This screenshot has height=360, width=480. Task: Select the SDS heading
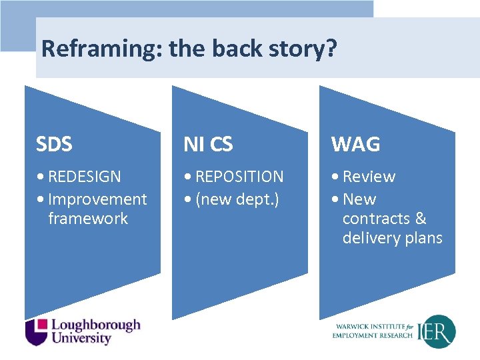pyautogui.click(x=55, y=144)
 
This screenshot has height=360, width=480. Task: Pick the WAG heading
pyautogui.click(x=355, y=144)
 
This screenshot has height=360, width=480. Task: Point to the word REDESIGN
pyautogui.click(x=85, y=177)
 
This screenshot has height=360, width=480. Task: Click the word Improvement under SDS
pyautogui.click(x=97, y=199)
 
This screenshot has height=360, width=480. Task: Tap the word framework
pyautogui.click(x=87, y=219)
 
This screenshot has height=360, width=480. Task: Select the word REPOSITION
pyautogui.click(x=239, y=177)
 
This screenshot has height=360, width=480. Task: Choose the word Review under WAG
pyautogui.click(x=369, y=177)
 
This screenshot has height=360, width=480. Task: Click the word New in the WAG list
pyautogui.click(x=359, y=199)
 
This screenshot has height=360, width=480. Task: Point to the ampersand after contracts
pyautogui.click(x=420, y=219)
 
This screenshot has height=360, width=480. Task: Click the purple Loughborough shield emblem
pyautogui.click(x=37, y=331)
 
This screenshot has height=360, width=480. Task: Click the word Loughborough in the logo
pyautogui.click(x=96, y=325)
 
